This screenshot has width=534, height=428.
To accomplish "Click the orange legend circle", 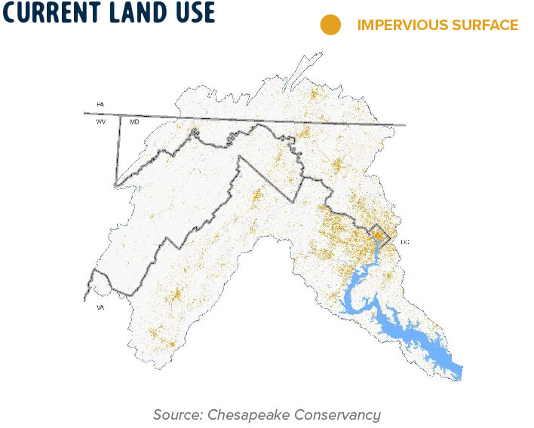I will click(330, 25).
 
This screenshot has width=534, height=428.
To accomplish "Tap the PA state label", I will click(100, 104).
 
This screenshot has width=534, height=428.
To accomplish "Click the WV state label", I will click(100, 121).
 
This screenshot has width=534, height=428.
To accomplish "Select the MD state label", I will click(133, 121).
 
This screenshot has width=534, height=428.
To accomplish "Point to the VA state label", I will click(100, 308).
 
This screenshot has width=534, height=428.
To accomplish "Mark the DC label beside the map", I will click(404, 242).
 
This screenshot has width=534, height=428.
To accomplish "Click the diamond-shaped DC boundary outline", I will click(382, 238).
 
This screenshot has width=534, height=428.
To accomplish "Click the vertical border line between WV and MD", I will click(119, 151).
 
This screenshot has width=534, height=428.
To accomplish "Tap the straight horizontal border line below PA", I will click(249, 119).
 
